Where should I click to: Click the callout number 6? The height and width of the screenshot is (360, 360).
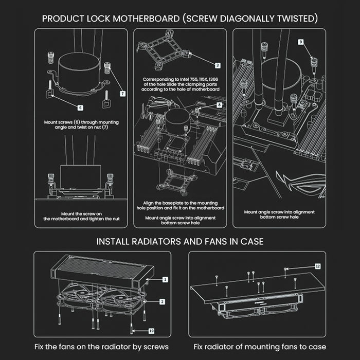click(x=81, y=107)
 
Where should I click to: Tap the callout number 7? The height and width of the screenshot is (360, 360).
click(x=122, y=94)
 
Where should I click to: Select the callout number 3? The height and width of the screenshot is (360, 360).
click(x=218, y=65)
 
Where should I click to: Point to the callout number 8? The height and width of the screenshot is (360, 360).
click(x=219, y=105)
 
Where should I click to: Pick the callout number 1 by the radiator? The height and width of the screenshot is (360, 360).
click(x=165, y=279)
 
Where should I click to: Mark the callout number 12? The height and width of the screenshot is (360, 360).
click(x=317, y=266)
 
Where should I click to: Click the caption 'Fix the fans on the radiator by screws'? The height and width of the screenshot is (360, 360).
click(x=101, y=347)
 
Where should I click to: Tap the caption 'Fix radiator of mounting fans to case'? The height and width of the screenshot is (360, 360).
click(x=260, y=347)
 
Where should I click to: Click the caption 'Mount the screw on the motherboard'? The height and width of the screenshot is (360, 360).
click(x=81, y=213)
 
